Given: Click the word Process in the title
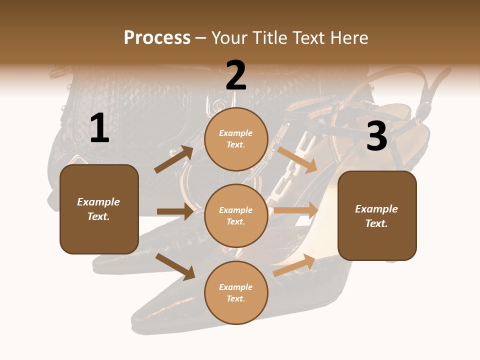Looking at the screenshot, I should point(157,38).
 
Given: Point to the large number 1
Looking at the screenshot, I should point(99,128).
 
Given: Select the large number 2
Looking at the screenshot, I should point(236,75).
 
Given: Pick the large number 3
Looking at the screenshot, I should point(376,136).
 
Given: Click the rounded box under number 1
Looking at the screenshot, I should point(99,209).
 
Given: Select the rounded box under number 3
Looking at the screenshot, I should point(377,215).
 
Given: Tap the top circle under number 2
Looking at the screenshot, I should point(236,139).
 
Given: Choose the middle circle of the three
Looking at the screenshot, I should point(236,215).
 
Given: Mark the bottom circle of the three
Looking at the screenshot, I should point(236,292).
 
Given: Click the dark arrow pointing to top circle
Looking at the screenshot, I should point(174,159).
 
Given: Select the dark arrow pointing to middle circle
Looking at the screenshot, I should point(175,211).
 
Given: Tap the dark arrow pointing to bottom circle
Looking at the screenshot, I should point(175,266).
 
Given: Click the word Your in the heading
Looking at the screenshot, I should point(230,38).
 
